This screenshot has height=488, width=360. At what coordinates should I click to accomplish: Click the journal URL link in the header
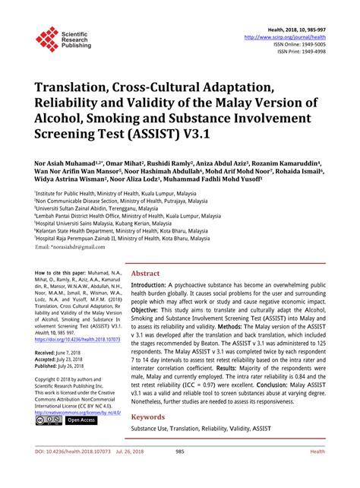click(284, 36)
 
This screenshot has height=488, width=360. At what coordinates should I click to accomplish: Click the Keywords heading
click(149, 417)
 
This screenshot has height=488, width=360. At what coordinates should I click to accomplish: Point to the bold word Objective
click(152, 311)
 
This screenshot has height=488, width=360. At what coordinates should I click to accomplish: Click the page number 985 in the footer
click(180, 472)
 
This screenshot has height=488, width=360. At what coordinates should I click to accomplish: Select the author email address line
click(68, 248)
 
